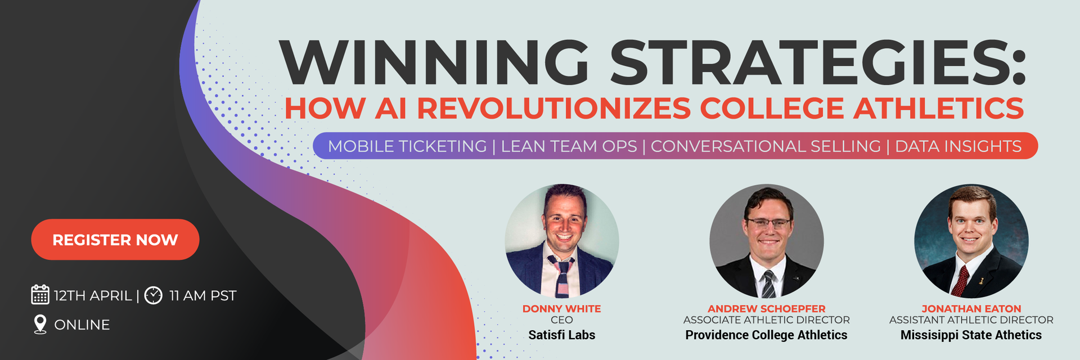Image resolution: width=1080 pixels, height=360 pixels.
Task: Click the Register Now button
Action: point(115,240)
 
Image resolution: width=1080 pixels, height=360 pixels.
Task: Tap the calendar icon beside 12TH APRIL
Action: point(40,295)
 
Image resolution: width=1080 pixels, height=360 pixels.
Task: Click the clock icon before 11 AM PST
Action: point(154,295)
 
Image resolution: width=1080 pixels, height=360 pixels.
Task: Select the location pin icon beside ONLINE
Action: point(40,325)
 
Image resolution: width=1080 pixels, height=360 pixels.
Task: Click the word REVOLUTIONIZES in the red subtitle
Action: point(554,108)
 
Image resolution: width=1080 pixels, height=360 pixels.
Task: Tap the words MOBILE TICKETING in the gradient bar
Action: point(407,146)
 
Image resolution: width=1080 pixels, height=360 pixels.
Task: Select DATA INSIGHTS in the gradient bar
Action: point(958,146)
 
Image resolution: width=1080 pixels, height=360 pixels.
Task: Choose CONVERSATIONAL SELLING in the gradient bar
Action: point(766,146)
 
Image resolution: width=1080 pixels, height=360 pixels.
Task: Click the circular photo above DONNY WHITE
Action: point(562,241)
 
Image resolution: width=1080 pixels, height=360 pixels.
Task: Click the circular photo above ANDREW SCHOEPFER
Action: point(767,241)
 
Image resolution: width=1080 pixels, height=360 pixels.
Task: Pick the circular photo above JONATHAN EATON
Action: point(971,241)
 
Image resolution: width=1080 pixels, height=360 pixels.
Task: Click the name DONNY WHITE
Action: point(562,309)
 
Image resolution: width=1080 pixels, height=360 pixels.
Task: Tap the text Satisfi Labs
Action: point(562,335)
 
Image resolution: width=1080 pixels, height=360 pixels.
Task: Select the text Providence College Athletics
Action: point(766,335)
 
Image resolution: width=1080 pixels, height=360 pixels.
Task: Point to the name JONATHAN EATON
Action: point(971,309)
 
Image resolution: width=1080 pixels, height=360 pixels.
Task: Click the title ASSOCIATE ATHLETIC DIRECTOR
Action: point(767,320)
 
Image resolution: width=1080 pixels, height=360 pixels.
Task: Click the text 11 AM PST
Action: point(202,295)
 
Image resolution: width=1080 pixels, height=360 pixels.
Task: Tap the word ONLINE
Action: point(82,325)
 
